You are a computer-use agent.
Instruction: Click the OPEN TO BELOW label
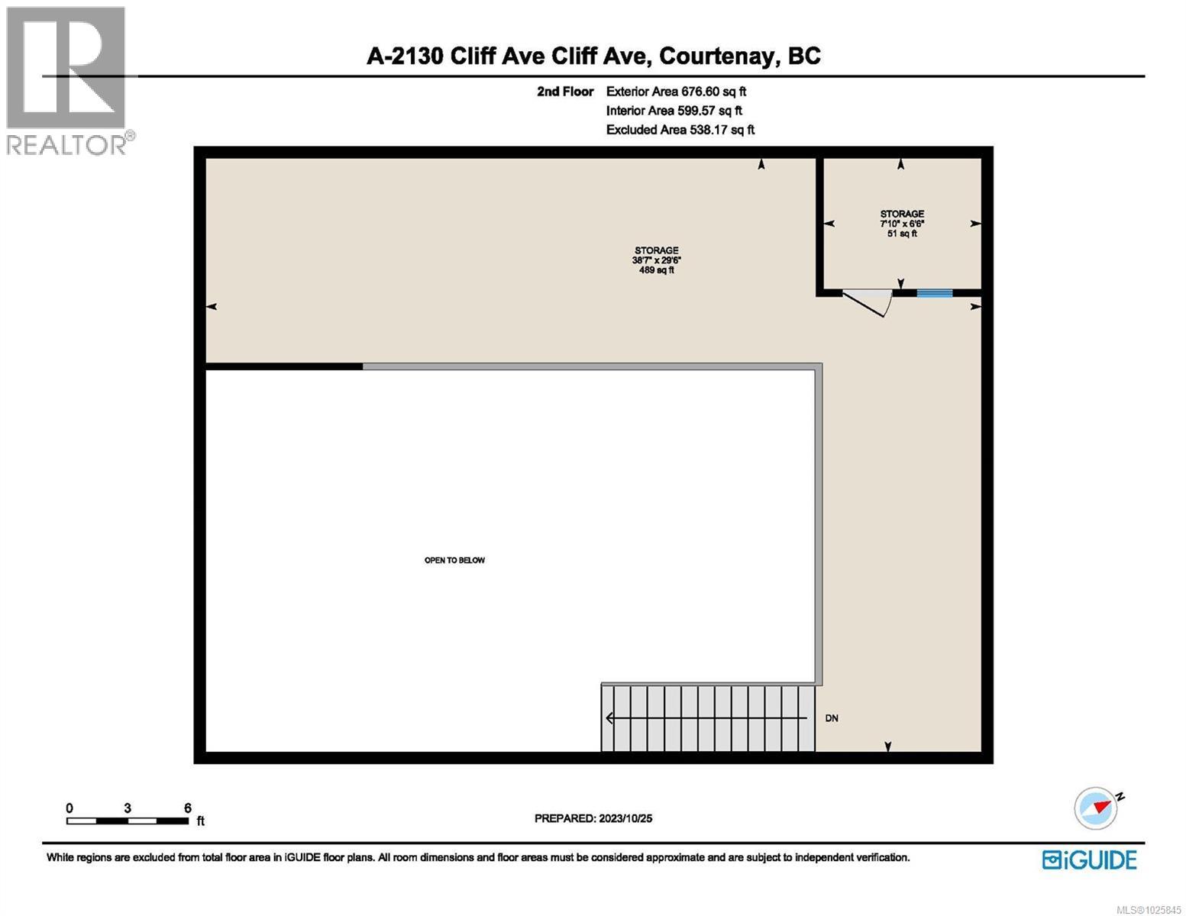(x=454, y=560)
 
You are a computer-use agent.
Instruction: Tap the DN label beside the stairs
(x=832, y=718)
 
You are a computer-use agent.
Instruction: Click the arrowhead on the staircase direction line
(x=610, y=718)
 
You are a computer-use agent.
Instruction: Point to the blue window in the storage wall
(x=934, y=292)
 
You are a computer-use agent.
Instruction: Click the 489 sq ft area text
(x=656, y=269)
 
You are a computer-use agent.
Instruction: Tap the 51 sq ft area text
(x=902, y=234)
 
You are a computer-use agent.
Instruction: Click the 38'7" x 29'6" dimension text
(x=656, y=260)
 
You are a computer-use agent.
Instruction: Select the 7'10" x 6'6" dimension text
(x=902, y=224)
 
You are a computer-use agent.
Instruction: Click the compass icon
(x=1095, y=808)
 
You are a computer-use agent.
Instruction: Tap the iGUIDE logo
(x=1090, y=860)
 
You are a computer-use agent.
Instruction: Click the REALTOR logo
(x=67, y=80)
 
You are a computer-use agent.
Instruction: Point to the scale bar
(x=128, y=821)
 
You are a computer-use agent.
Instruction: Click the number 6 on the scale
(x=187, y=808)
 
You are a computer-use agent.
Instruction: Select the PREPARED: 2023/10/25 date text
(x=593, y=818)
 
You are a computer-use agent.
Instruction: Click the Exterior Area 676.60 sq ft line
(x=676, y=92)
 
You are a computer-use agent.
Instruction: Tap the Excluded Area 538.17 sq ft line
(x=680, y=130)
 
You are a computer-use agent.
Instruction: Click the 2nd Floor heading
(x=565, y=92)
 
